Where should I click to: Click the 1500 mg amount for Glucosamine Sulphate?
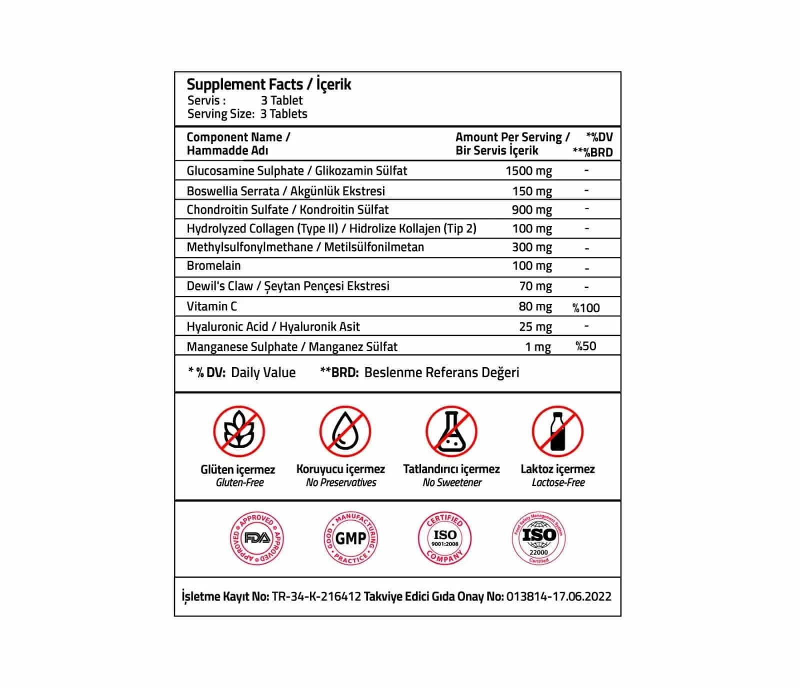point(528,171)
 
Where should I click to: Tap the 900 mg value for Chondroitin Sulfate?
point(531,210)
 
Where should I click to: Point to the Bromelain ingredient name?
point(213,266)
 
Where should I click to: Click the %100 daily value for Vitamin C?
point(586,308)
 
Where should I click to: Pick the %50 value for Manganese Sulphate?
point(585,346)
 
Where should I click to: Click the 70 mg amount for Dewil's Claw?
point(535,286)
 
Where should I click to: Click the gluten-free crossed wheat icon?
point(238,431)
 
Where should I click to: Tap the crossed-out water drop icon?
point(344,431)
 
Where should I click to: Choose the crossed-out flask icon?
point(451,431)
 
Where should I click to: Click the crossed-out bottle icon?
point(557,431)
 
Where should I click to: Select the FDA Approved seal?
point(257,539)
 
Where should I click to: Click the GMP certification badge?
point(350,539)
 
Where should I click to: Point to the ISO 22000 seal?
point(538,538)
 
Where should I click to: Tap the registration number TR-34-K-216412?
point(316,597)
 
